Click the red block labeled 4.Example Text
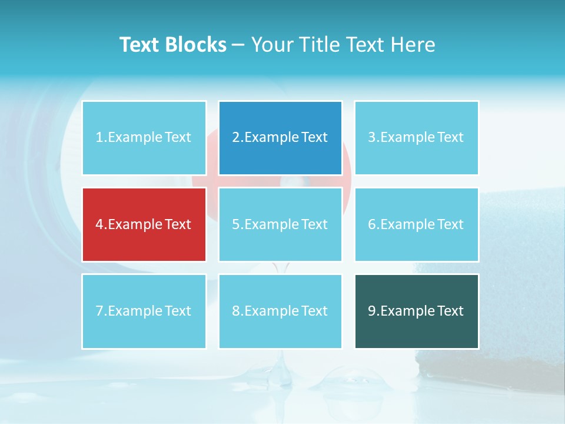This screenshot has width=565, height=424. (144, 224)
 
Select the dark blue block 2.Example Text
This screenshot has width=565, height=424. (280, 138)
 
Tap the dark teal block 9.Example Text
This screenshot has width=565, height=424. (416, 311)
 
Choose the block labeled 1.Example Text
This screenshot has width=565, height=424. (144, 138)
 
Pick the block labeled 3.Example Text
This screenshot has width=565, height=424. (416, 138)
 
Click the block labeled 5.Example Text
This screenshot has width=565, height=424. (280, 224)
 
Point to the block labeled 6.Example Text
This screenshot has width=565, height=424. (416, 224)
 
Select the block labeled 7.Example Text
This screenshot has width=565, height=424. (144, 311)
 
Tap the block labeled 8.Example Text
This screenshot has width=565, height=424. (280, 311)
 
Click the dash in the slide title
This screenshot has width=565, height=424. (239, 45)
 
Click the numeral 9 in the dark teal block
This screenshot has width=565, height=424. (372, 311)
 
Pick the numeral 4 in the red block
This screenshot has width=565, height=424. (99, 224)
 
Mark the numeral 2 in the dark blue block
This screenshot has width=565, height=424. (236, 138)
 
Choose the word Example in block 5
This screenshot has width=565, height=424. (271, 224)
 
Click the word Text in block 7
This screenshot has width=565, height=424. (178, 311)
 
